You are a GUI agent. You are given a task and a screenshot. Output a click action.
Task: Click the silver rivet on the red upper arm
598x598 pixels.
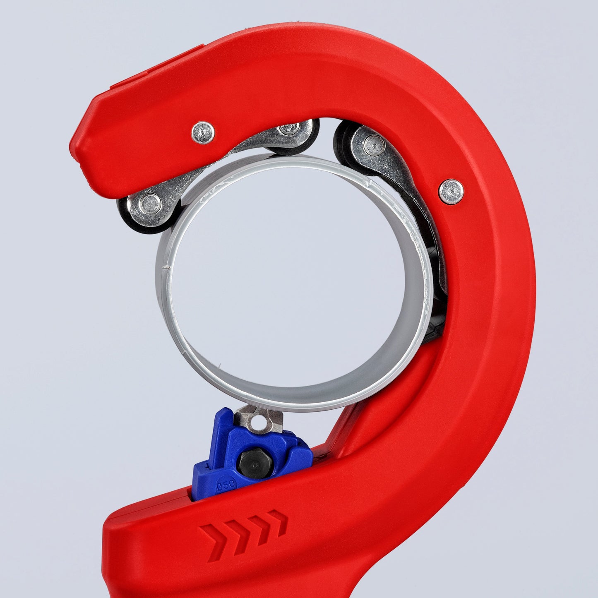[203, 132]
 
